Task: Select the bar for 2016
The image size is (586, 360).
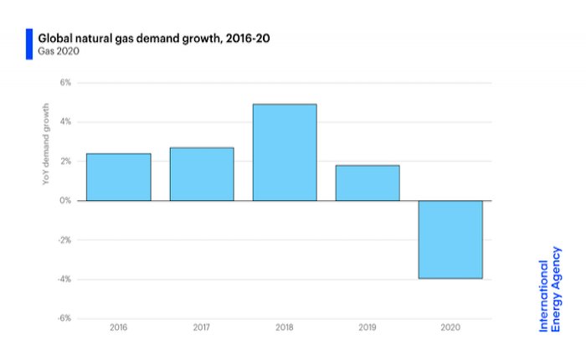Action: coord(119,177)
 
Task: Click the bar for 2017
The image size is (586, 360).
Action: coord(202,174)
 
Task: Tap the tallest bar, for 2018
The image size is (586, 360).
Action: coord(285,152)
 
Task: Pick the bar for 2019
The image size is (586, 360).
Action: coord(368,183)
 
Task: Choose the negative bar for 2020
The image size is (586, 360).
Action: coord(450,239)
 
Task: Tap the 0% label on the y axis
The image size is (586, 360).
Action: coord(65,201)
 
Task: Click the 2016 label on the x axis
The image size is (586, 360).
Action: coord(119,327)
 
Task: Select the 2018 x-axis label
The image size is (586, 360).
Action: coord(285,327)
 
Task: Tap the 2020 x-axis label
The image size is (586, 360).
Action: coord(450,327)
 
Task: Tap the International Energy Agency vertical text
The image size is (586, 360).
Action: coord(550,296)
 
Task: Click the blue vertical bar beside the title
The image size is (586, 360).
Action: coord(29,44)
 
